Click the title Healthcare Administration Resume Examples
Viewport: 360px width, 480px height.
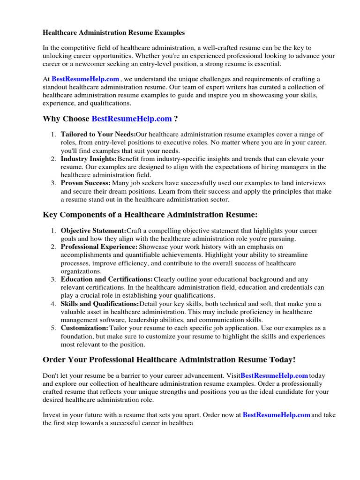coord(114,33)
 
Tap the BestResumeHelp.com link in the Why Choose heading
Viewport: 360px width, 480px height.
coord(131,119)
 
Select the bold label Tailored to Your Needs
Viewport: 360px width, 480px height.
coord(98,135)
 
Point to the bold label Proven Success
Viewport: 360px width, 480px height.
coord(86,183)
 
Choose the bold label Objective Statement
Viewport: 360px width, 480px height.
coord(94,231)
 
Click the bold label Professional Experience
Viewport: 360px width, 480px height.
coord(99,247)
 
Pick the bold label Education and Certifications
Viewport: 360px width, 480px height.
coord(107,279)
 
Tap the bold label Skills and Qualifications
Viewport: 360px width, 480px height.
coord(100,304)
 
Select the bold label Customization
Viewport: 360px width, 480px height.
coord(84,328)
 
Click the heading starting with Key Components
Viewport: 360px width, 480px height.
coord(150,215)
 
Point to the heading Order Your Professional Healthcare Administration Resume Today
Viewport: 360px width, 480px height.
coord(169,360)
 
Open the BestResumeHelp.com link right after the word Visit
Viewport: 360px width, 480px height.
coord(274,375)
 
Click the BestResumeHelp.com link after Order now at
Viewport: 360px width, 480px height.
coord(277,415)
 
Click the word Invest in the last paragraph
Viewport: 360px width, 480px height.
coord(52,415)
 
